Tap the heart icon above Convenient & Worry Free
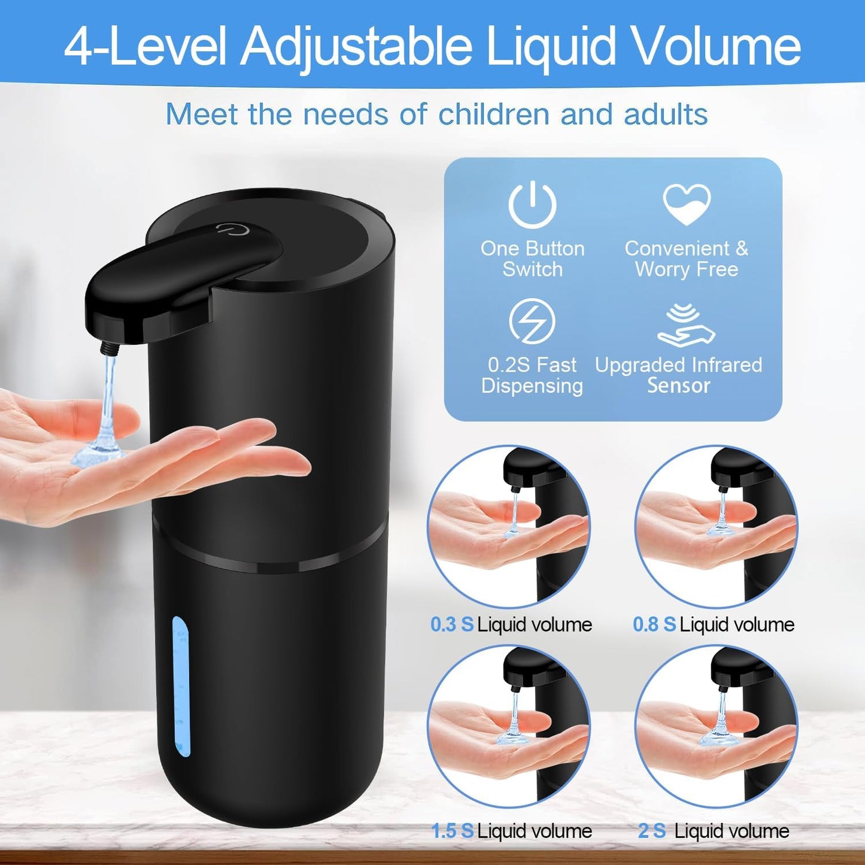pyautogui.click(x=687, y=204)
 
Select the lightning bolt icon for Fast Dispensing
pyautogui.click(x=532, y=321)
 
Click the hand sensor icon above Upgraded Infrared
pyautogui.click(x=686, y=326)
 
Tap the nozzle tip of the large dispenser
pyautogui.click(x=110, y=347)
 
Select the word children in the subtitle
pyautogui.click(x=493, y=114)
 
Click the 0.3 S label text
pyautogui.click(x=452, y=625)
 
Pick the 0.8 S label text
pyautogui.click(x=654, y=625)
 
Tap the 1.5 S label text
pyautogui.click(x=452, y=831)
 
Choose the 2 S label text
pyautogui.click(x=652, y=831)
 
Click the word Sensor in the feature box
pyautogui.click(x=678, y=386)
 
